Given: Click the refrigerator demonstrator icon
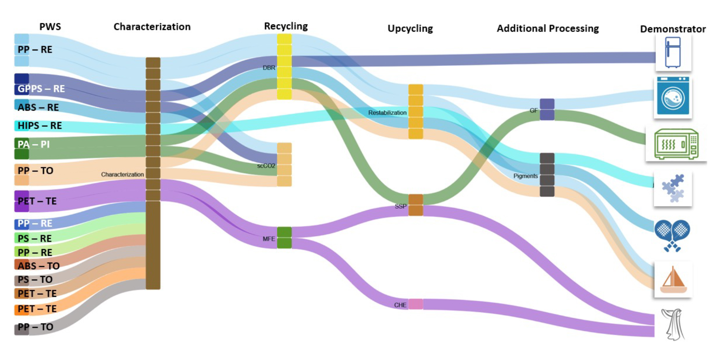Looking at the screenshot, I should click(x=673, y=52).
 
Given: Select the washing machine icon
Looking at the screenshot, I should click(x=673, y=97).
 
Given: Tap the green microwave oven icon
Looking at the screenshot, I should click(x=676, y=144).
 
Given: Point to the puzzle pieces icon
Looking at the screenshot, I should click(x=673, y=188).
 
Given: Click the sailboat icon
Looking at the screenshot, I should click(x=673, y=279).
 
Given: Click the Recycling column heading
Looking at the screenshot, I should click(x=286, y=26).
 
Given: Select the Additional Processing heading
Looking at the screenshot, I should click(x=547, y=28).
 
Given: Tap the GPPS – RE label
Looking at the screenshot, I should click(x=41, y=89).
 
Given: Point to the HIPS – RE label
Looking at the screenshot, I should click(x=39, y=126).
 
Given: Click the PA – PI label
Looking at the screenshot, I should click(x=34, y=144).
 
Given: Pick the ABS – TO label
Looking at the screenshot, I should click(x=38, y=266).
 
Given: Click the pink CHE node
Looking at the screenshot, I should click(x=416, y=304).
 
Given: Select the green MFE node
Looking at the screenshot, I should click(x=284, y=238).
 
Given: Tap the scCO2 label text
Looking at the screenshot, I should click(x=266, y=166).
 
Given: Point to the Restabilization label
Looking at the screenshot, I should click(x=387, y=113).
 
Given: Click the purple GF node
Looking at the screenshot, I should click(x=547, y=109).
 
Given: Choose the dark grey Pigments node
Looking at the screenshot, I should click(x=547, y=175).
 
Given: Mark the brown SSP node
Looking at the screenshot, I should click(x=416, y=205).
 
